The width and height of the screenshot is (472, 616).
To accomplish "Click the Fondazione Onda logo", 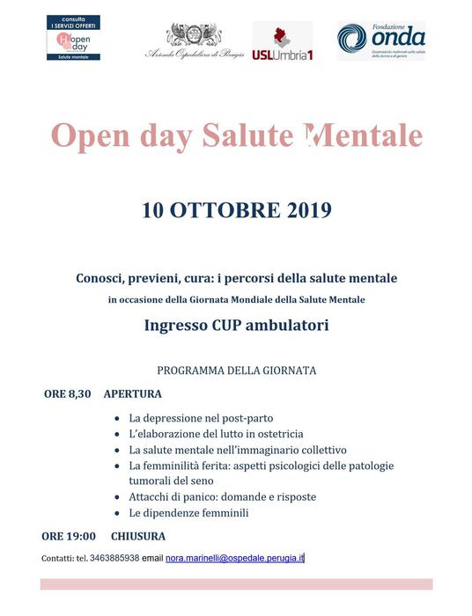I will [380, 40].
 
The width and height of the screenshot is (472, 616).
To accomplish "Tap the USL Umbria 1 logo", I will [282, 41].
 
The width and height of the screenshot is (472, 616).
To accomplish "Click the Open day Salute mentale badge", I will [73, 37].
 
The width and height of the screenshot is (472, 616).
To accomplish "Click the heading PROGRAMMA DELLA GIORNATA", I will [236, 370].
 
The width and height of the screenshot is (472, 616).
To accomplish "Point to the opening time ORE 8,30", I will [67, 393].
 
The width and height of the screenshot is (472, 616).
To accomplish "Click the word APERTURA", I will [132, 393].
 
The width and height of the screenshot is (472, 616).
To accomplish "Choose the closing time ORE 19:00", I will [69, 535].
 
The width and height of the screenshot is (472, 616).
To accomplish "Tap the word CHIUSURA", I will [138, 535].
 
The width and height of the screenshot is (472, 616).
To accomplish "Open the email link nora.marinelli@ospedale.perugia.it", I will [234, 558].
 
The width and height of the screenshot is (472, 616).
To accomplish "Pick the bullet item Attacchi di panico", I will [222, 496].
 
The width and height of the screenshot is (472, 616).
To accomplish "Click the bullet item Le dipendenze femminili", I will [188, 512].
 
